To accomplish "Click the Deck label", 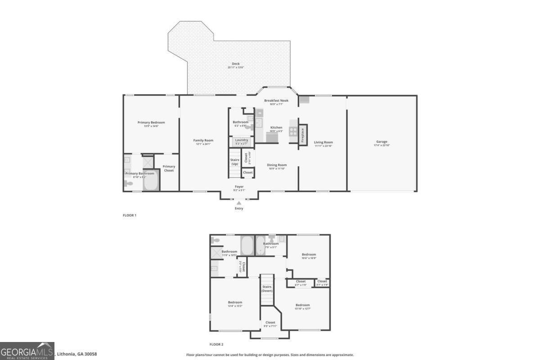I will point(236,64).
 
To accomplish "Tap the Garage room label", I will point(382,142).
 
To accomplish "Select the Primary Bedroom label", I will point(151,122).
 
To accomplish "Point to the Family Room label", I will point(202,140).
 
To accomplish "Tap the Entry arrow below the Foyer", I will point(239,203).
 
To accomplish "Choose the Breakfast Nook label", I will point(276,100).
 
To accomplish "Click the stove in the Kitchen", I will point(293,131).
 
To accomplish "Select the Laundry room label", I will point(242,140).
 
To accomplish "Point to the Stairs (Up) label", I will point(235,162).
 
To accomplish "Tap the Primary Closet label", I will point(169,168).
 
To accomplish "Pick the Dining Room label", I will point(277,165).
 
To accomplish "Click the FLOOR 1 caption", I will point(130,215).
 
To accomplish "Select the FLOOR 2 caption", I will point(216,344).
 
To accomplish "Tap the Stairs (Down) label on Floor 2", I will point(267,288).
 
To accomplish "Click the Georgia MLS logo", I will point(27,351).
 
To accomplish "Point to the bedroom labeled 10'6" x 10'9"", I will point(309,255).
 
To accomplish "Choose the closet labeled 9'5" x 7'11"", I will point(270,323).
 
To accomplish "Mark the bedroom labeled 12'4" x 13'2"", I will point(235,302).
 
